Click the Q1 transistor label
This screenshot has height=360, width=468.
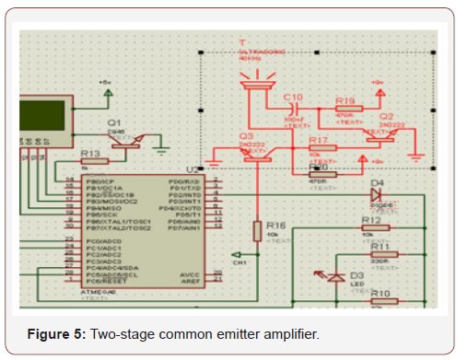coord(114,122)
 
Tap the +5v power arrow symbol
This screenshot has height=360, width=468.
coord(108,84)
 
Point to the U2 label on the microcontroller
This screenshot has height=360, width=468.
coord(191,169)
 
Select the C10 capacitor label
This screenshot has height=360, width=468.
coord(293,97)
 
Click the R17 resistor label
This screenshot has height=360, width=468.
coord(319,140)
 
